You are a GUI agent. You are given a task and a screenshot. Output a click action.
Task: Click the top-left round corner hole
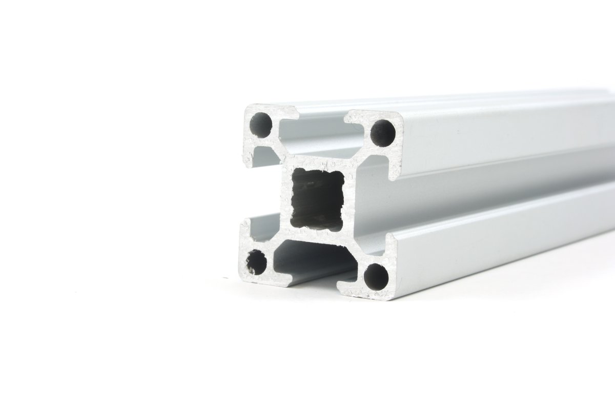(x=261, y=124)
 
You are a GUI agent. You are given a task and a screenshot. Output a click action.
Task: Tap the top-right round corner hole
(x=383, y=132)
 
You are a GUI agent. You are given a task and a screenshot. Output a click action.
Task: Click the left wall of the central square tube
(x=285, y=198)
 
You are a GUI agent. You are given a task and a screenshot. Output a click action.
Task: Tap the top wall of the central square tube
(x=318, y=163)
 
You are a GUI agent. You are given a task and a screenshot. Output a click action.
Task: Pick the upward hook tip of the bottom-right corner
(x=388, y=241)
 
